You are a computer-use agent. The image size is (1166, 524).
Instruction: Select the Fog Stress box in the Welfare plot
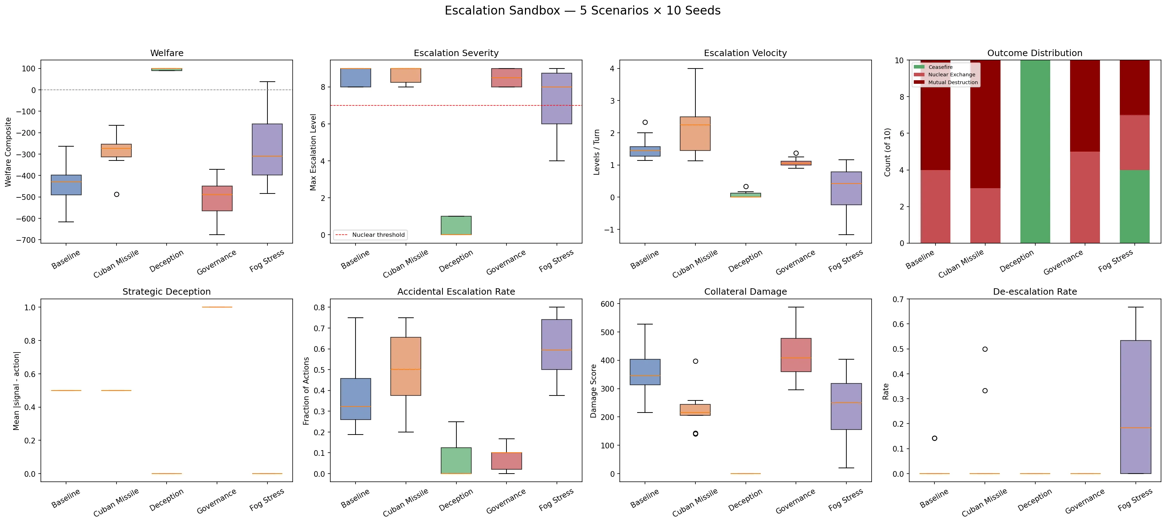coord(267,149)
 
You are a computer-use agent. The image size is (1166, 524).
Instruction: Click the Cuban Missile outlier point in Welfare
coord(116,194)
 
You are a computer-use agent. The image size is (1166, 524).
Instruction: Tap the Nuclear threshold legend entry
coord(370,235)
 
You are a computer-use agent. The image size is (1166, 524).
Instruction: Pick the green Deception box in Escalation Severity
coord(456,225)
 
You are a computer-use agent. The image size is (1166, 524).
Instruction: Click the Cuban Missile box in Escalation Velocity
coord(695,133)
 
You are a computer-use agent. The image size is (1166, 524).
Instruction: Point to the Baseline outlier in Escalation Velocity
coord(645,122)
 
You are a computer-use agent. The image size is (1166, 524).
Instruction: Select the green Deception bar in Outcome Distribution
coord(1035,152)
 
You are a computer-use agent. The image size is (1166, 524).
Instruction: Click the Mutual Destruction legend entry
coord(946,82)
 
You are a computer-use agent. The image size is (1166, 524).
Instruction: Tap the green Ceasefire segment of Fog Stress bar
coord(1135,206)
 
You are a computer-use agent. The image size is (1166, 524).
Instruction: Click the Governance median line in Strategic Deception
coord(217,307)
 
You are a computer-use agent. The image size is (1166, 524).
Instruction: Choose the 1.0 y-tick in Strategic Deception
coord(30,307)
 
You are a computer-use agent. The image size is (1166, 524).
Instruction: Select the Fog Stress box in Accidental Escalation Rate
coord(557,344)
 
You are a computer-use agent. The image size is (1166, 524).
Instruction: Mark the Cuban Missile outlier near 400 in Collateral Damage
coord(695,361)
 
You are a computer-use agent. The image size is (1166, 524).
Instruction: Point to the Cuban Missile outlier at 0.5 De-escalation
coord(985,349)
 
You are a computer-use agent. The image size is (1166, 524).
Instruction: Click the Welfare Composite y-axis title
coord(8,152)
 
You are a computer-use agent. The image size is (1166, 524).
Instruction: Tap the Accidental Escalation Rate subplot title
coord(456,292)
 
